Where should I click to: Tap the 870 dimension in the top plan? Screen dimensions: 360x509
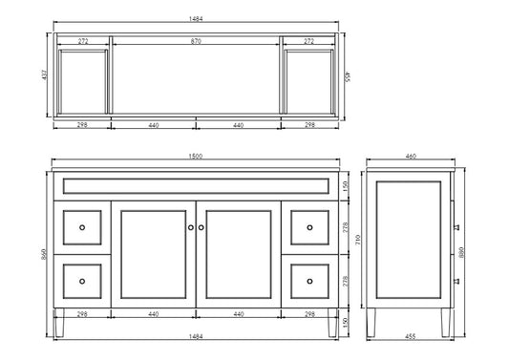pyautogui.click(x=196, y=43)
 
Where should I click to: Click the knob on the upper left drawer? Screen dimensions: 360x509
pyautogui.click(x=82, y=227)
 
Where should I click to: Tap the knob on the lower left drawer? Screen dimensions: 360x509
pyautogui.click(x=82, y=281)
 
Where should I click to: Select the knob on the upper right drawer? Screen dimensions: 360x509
pyautogui.click(x=309, y=227)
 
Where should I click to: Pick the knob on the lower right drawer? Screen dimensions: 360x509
pyautogui.click(x=309, y=281)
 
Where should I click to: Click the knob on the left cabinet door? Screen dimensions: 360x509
pyautogui.click(x=191, y=227)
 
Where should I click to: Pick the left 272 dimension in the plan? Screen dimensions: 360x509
pyautogui.click(x=83, y=43)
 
